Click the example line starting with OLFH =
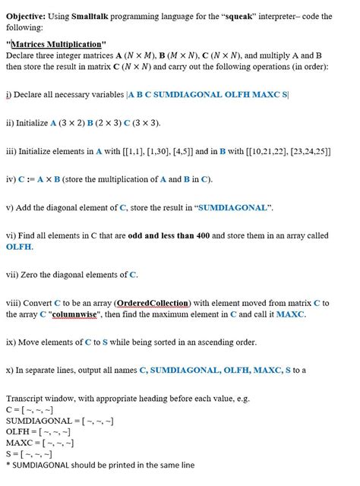click(x=50, y=432)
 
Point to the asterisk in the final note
click(x=8, y=465)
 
